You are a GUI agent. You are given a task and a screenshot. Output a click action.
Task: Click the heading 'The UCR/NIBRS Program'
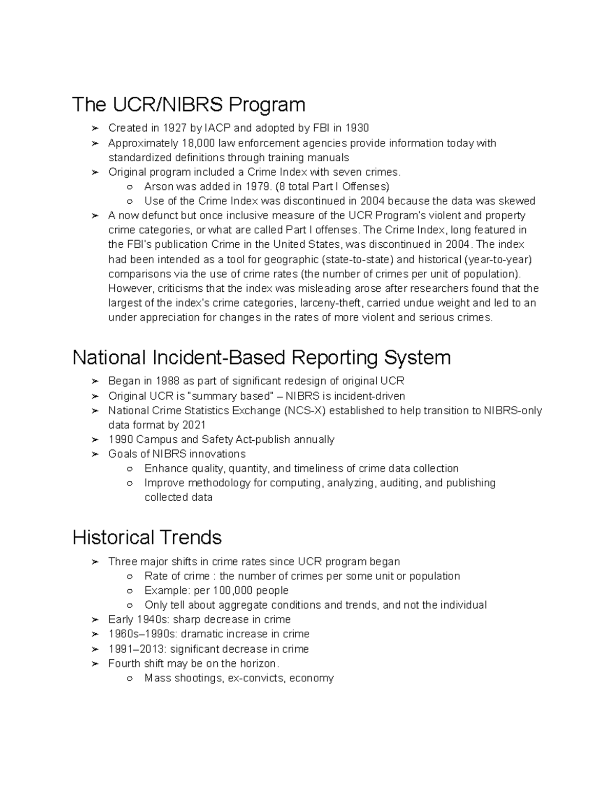(x=189, y=104)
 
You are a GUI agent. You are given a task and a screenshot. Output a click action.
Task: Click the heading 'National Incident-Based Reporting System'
(x=261, y=357)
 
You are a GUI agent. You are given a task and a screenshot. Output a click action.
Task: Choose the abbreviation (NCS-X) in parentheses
(x=304, y=411)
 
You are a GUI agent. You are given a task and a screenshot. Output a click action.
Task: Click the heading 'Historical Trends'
(x=147, y=538)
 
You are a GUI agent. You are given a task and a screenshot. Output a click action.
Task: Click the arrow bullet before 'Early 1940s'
(x=94, y=620)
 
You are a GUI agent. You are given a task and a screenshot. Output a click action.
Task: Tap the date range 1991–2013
(x=137, y=649)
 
